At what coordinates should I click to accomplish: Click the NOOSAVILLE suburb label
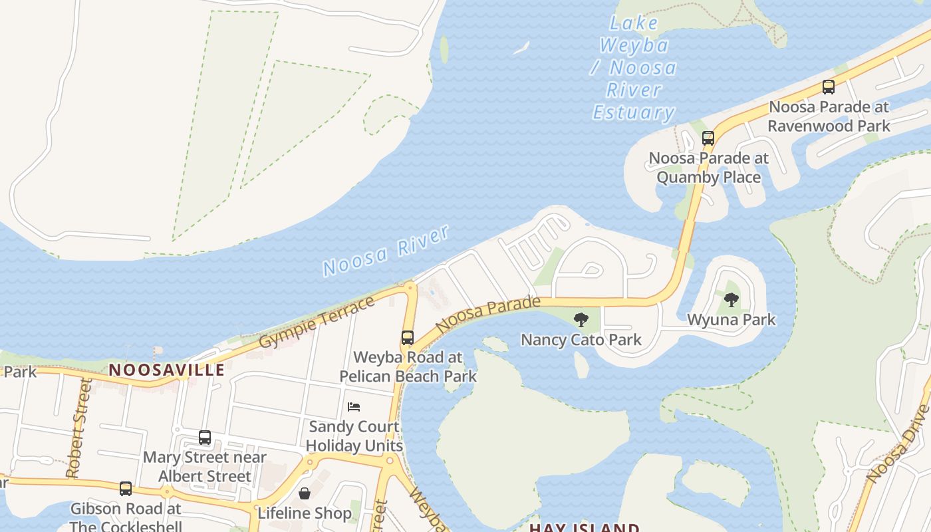click(166, 370)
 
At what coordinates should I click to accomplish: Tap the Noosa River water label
click(386, 251)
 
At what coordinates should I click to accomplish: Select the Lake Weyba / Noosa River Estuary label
click(634, 68)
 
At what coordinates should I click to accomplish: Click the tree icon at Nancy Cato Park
click(581, 320)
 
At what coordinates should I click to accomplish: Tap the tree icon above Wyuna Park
click(731, 300)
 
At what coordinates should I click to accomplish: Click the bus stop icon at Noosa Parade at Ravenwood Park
click(828, 86)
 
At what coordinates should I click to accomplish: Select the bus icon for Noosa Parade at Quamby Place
click(708, 138)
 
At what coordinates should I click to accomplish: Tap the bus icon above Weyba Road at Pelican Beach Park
click(408, 338)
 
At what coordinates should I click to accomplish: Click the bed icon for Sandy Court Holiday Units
click(354, 406)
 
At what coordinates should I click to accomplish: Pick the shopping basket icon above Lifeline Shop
click(305, 493)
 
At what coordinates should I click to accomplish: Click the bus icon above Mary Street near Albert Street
click(205, 438)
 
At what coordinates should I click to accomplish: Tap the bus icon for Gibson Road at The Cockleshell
click(126, 489)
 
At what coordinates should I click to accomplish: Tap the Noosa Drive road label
click(898, 444)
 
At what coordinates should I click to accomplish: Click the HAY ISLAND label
click(584, 527)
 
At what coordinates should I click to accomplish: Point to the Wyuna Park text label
click(731, 320)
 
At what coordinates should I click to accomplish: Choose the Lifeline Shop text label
click(305, 513)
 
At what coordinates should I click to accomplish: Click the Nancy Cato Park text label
click(581, 340)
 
